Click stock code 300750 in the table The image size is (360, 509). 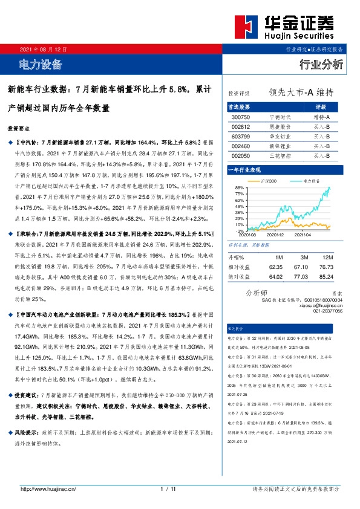coord(240,116)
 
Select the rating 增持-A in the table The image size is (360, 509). coord(321,116)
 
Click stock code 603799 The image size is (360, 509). coord(240,136)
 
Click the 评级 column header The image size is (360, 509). coord(321,106)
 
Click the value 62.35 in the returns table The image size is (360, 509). coord(275,266)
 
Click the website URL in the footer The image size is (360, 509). coord(48,488)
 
